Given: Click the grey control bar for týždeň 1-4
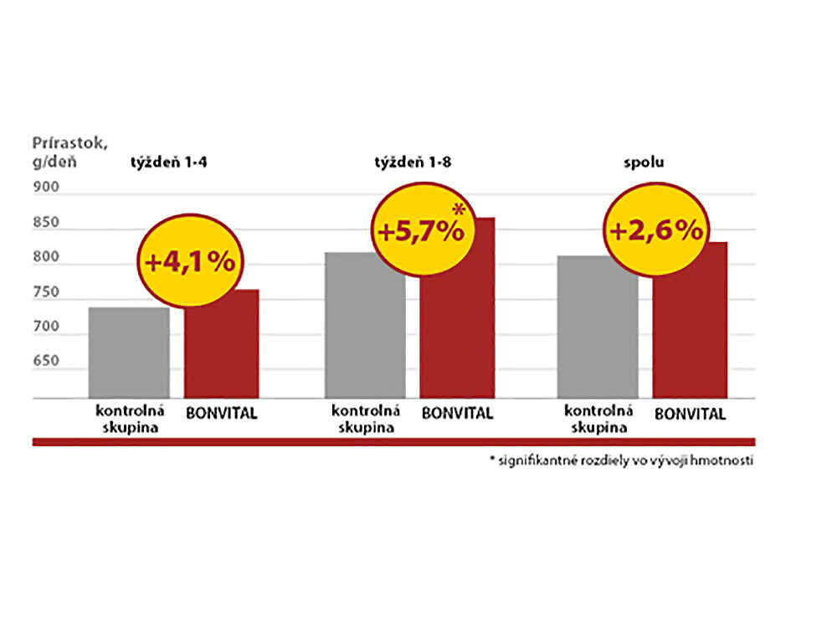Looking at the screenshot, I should (x=128, y=353).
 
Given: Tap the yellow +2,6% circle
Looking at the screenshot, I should (x=655, y=229).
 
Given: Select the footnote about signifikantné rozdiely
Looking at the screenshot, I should (x=622, y=461).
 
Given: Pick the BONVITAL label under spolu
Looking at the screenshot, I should (x=691, y=413).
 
